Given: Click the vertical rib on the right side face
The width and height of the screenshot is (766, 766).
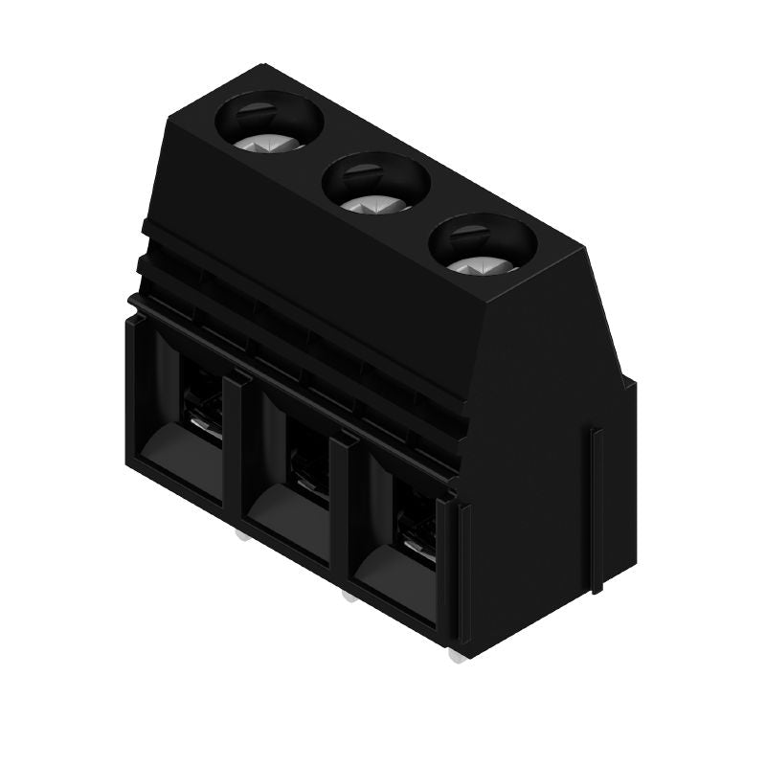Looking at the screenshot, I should (597, 507).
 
